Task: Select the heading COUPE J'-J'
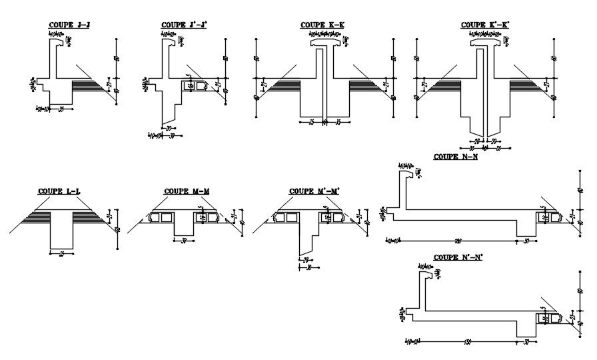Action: pyautogui.click(x=184, y=25)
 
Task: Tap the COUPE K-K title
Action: pyautogui.click(x=322, y=25)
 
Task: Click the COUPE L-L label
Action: pyautogui.click(x=59, y=191)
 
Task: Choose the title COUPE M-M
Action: pyautogui.click(x=187, y=191)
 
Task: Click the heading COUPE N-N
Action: pyautogui.click(x=456, y=157)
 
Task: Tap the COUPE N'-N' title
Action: pyautogui.click(x=458, y=257)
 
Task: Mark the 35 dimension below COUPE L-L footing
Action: pyautogui.click(x=61, y=253)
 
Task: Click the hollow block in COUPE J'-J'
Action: pyautogui.click(x=195, y=85)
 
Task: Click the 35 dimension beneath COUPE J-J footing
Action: pyautogui.click(x=61, y=107)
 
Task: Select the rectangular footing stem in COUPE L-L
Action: pyautogui.click(x=61, y=230)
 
